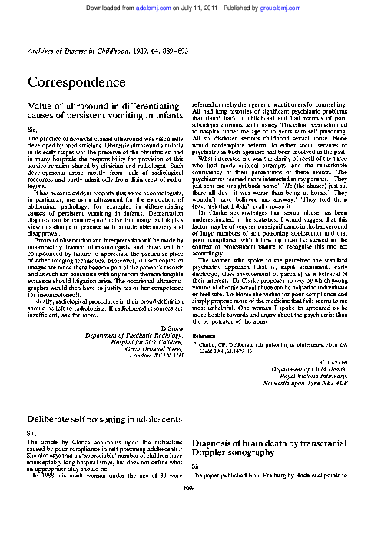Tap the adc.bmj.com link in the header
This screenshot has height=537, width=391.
click(x=172, y=6)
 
